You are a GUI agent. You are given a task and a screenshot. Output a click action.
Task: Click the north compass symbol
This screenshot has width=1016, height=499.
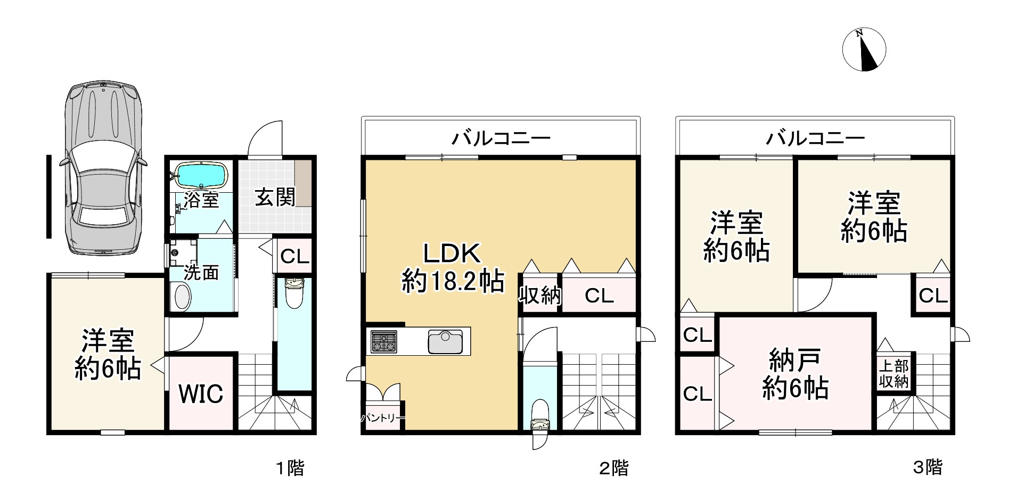tap(864, 50)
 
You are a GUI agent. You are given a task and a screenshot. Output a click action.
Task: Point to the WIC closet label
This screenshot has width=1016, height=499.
tap(200, 394)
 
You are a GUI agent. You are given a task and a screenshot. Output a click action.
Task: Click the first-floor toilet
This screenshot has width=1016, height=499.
tap(293, 293)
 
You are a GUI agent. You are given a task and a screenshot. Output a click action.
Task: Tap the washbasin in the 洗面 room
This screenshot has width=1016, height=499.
tap(182, 296)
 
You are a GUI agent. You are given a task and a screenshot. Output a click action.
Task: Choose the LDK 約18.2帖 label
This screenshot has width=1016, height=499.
tap(453, 267)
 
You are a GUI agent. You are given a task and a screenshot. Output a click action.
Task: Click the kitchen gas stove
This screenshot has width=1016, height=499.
tap(384, 342)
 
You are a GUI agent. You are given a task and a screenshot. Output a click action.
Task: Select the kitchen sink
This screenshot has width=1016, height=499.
tap(445, 341)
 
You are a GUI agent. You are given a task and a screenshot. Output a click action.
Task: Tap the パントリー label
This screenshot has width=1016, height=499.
tap(382, 418)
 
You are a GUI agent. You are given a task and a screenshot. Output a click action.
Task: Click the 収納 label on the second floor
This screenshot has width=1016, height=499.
tap(540, 295)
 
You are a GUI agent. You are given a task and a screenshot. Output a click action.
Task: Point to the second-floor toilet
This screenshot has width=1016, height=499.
tap(540, 415)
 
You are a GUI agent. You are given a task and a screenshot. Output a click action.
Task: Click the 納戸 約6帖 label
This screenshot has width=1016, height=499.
tap(794, 374)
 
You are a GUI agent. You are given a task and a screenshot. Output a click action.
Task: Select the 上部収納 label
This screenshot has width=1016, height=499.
tap(893, 374)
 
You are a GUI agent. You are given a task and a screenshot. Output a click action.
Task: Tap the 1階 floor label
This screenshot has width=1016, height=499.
tap(290, 468)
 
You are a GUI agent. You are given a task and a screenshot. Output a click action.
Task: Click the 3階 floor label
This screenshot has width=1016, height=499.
tap(928, 467)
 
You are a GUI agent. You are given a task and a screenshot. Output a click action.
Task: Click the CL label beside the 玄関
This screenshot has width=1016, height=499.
tap(294, 257)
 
